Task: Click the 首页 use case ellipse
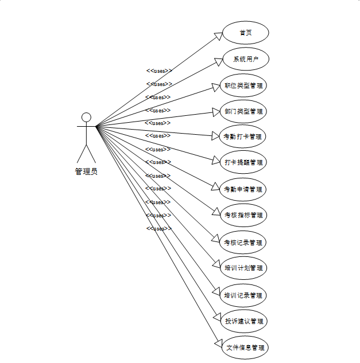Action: click(245, 33)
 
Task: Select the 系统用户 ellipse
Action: click(245, 59)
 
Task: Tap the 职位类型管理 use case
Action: click(244, 86)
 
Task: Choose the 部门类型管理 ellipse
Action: click(244, 111)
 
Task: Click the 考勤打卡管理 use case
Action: click(244, 136)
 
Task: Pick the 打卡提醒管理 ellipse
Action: click(244, 162)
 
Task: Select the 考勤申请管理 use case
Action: click(244, 189)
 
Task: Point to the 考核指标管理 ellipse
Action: click(244, 216)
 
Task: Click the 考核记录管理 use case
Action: click(244, 242)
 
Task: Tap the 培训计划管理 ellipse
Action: click(244, 268)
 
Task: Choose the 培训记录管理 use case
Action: click(244, 295)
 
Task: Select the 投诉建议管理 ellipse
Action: click(244, 321)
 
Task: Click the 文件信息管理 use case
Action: click(245, 347)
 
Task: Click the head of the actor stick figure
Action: click(86, 118)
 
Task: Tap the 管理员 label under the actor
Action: click(86, 171)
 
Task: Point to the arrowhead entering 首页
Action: click(218, 36)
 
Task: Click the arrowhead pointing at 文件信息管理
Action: click(218, 344)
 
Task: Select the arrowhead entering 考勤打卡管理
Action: click(216, 136)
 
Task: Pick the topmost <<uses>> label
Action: click(159, 71)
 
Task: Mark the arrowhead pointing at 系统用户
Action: click(218, 60)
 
